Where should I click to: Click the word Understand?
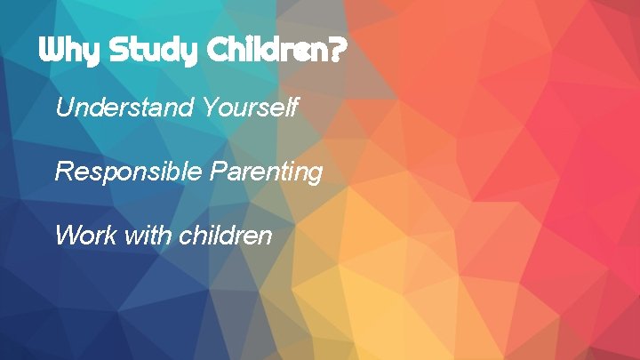124,108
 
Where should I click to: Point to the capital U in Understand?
63,108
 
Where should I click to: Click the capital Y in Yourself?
209,108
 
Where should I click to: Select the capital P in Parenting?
217,172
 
